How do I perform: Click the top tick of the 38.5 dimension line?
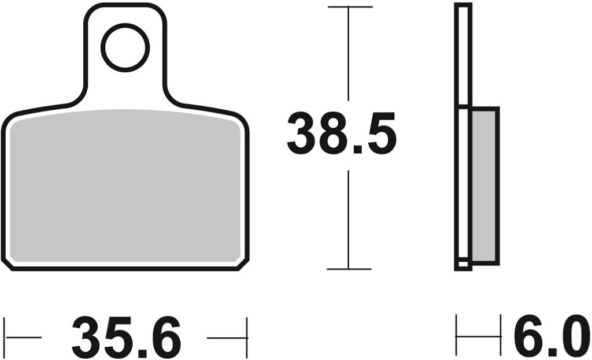point(350,7)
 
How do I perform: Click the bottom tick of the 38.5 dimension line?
point(349,269)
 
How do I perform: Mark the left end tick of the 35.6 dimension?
point(5,337)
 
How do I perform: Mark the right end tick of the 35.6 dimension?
point(247,337)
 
